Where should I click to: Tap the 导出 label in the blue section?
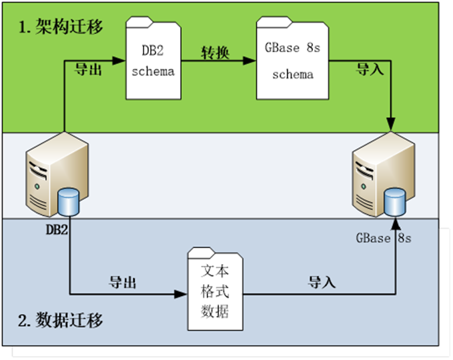pyautogui.click(x=123, y=282)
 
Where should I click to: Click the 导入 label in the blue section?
pyautogui.click(x=322, y=282)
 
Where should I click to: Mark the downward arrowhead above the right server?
pyautogui.click(x=390, y=124)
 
